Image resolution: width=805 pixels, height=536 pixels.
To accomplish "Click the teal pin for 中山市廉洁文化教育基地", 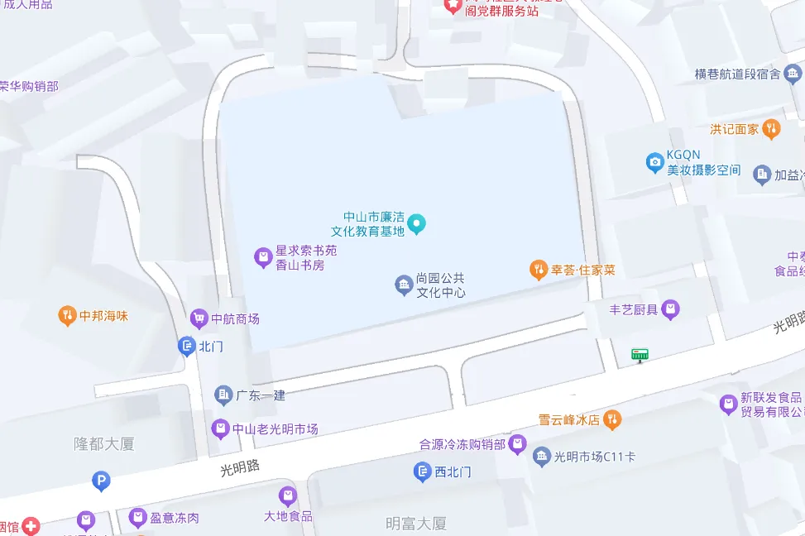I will click(418, 223).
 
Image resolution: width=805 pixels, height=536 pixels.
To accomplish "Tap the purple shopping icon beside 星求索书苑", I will click(263, 258).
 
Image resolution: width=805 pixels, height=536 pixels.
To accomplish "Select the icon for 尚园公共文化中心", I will click(404, 285).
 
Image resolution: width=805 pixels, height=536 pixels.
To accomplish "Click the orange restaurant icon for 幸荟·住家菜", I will click(539, 270).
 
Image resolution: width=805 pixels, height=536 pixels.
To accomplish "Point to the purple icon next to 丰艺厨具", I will click(671, 309).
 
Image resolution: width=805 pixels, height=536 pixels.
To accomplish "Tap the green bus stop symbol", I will click(640, 355).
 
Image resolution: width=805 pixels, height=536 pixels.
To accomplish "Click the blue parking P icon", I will click(102, 481).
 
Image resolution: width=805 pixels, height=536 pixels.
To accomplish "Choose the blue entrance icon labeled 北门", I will click(187, 346).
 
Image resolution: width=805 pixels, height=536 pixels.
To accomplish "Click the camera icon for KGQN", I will click(655, 161).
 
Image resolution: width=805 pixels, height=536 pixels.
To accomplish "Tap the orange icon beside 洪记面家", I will click(771, 128).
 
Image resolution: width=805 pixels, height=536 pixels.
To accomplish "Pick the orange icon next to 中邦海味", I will click(67, 315).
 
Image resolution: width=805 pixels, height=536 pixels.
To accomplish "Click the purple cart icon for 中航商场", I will click(199, 318).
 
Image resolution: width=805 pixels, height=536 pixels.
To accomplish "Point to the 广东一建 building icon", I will click(223, 395).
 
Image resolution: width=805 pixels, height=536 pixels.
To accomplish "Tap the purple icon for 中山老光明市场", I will click(220, 428).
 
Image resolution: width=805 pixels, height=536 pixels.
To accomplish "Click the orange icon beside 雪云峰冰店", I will click(612, 419).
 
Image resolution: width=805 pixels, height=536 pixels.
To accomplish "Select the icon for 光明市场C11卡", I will click(541, 456).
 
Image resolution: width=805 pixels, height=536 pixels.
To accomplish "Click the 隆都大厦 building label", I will click(103, 443).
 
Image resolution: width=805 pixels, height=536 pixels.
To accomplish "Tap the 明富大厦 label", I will click(416, 523).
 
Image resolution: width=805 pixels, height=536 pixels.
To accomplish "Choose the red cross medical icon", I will click(31, 526).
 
